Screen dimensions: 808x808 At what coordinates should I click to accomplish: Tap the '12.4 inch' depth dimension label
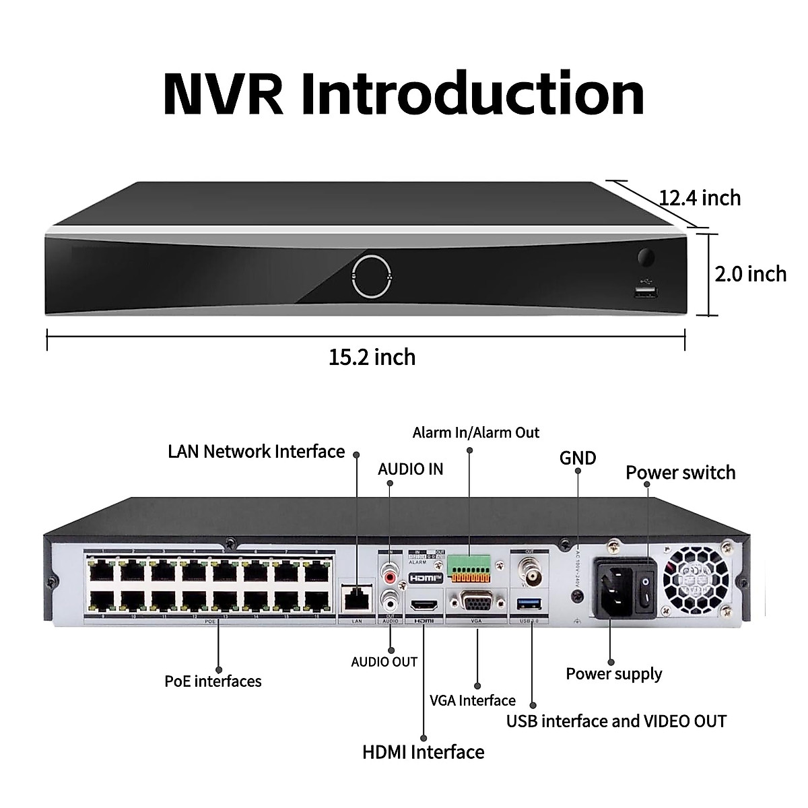(x=700, y=198)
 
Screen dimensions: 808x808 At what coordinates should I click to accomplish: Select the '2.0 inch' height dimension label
(x=750, y=274)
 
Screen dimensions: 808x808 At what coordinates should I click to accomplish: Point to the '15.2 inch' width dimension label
(x=372, y=356)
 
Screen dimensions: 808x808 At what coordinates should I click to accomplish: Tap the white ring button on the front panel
(x=370, y=275)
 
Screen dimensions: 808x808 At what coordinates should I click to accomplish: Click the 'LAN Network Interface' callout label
(x=256, y=451)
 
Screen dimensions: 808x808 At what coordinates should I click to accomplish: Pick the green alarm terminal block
(x=469, y=570)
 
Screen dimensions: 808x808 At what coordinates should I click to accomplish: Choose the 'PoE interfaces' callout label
(x=213, y=681)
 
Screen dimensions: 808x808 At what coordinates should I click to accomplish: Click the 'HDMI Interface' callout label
(x=424, y=751)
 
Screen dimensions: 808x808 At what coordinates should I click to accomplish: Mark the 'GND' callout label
(x=578, y=459)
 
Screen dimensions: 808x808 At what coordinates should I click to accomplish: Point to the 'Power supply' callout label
(x=614, y=674)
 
